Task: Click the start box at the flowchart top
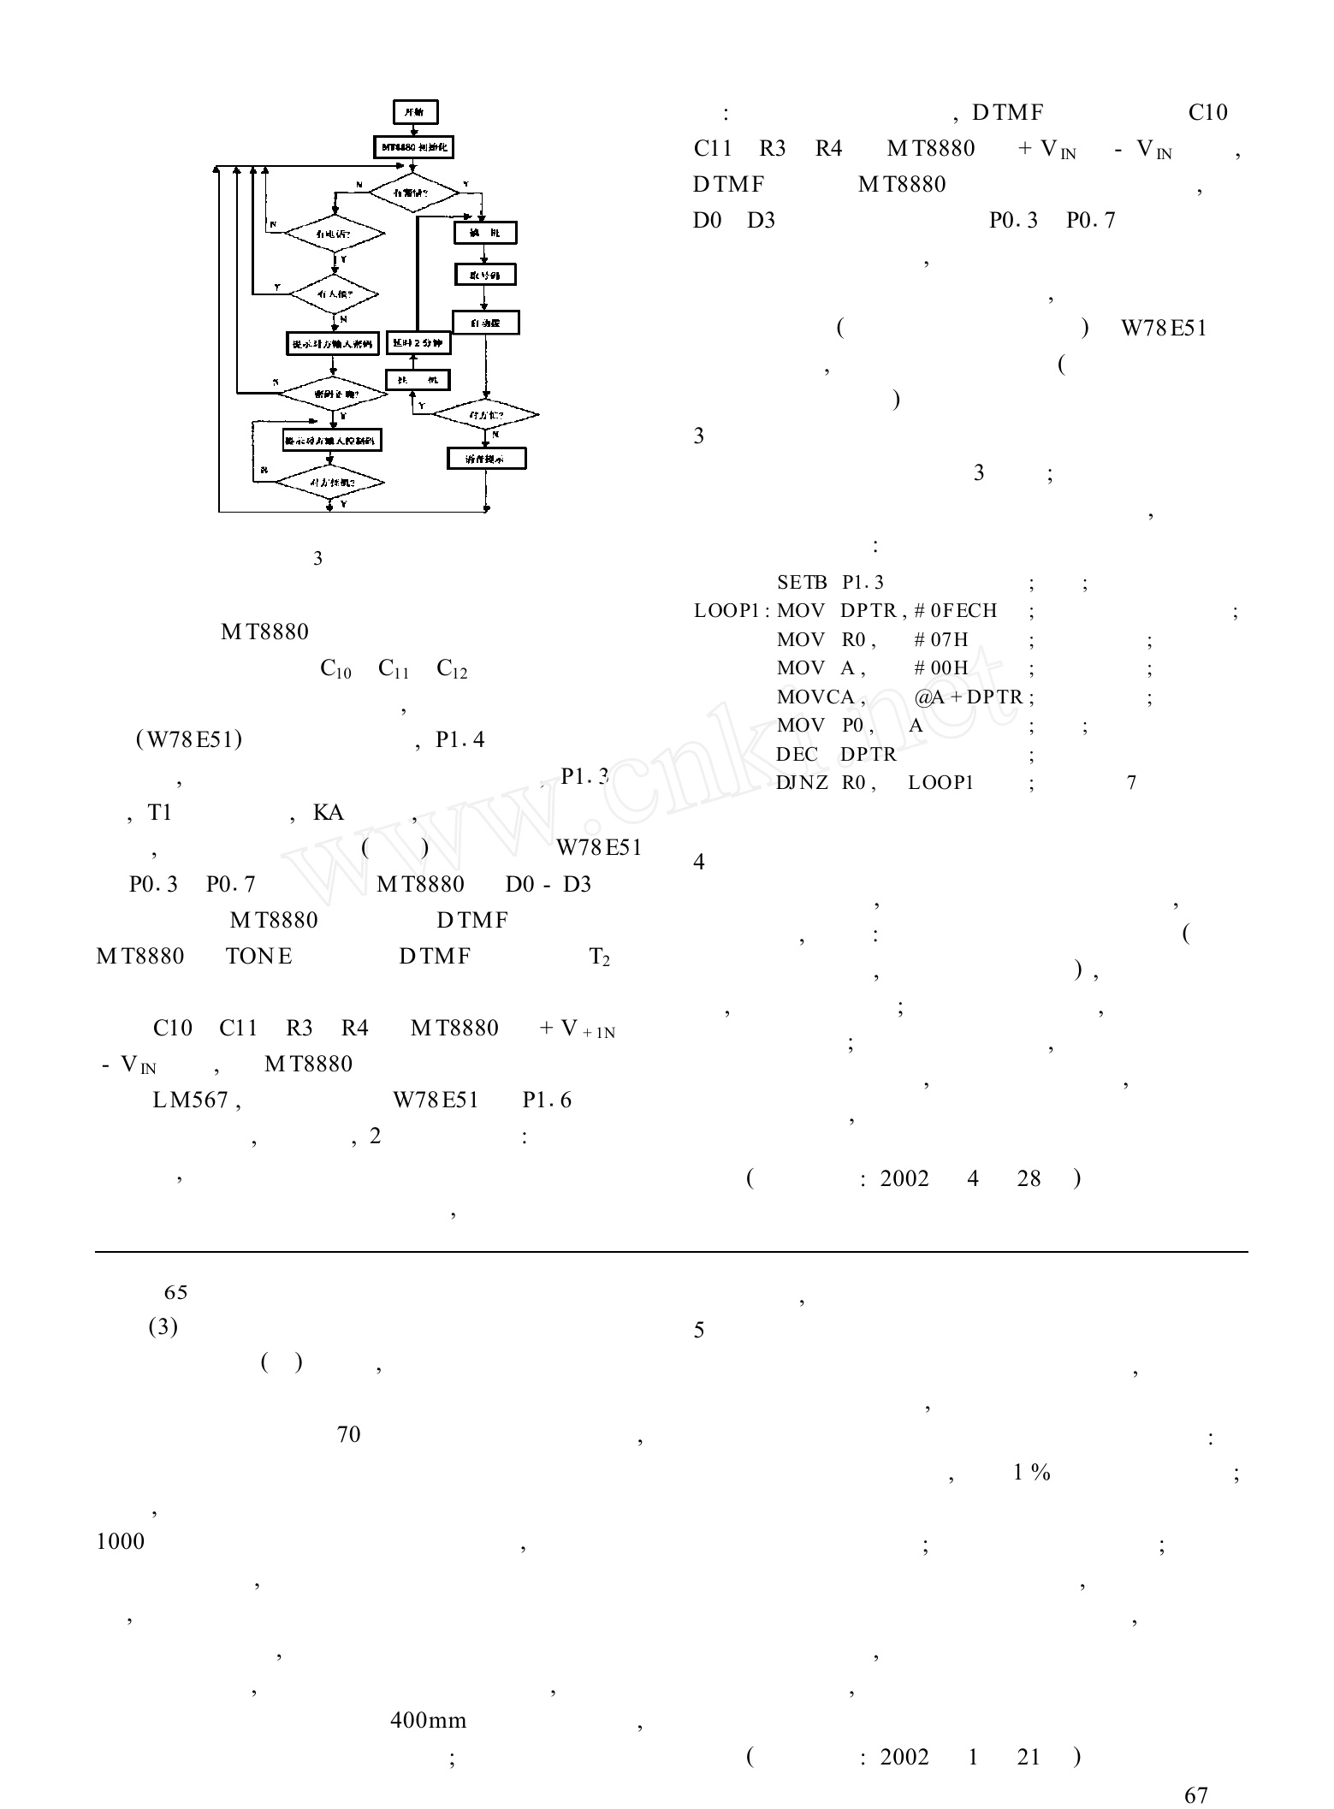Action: click(x=415, y=112)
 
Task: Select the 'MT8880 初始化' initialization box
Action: click(x=414, y=147)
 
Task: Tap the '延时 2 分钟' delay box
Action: click(x=418, y=343)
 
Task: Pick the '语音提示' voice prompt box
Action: click(x=486, y=459)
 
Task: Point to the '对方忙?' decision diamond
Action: click(x=486, y=415)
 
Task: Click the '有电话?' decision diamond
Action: click(x=334, y=233)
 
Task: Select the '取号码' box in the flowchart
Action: click(x=485, y=275)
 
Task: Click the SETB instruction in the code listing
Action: click(x=802, y=583)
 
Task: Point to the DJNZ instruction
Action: click(x=802, y=783)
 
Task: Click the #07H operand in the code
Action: click(x=940, y=640)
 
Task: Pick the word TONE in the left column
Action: click(x=259, y=956)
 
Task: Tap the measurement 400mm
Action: click(x=428, y=1720)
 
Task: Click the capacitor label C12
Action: click(x=452, y=669)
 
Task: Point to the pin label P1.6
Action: click(x=547, y=1100)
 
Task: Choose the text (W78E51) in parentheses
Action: click(x=189, y=739)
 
